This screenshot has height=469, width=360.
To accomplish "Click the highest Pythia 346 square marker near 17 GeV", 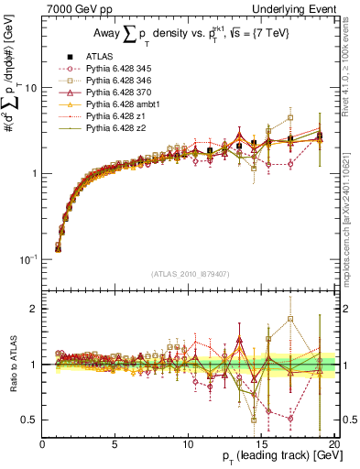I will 290,117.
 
